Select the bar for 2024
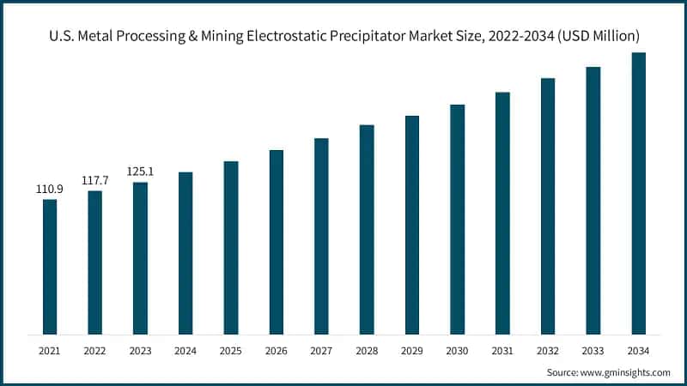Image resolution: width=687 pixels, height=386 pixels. click(x=185, y=252)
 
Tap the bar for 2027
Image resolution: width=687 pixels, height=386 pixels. click(x=321, y=235)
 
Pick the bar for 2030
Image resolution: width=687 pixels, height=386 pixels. click(x=457, y=219)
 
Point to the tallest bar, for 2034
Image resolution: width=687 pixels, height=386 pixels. click(x=638, y=193)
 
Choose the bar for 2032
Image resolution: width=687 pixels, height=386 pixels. click(x=548, y=206)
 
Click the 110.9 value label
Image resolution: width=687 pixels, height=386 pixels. click(x=50, y=189)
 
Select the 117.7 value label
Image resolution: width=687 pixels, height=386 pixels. click(x=94, y=180)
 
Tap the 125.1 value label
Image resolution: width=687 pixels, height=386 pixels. click(x=140, y=172)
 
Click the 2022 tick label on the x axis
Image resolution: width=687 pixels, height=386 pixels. click(x=94, y=350)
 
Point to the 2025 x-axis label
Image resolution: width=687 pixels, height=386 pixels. click(x=231, y=350)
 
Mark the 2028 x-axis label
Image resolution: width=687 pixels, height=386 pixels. click(x=367, y=350)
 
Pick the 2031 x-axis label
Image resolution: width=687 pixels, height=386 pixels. click(x=502, y=350)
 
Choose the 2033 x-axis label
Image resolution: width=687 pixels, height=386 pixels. click(x=593, y=350)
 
